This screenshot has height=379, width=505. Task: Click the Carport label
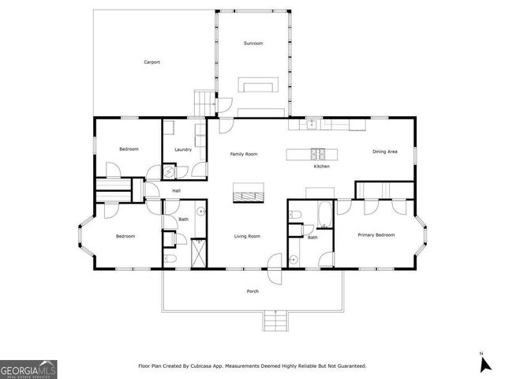point(152,62)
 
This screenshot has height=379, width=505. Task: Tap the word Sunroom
point(252,43)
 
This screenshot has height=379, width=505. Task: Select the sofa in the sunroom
point(260,86)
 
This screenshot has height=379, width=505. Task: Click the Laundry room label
point(184,149)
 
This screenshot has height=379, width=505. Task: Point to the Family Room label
point(244,154)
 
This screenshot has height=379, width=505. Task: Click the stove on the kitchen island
point(317,153)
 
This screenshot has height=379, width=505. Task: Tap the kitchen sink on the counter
point(312,123)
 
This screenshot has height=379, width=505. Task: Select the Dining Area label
point(385,151)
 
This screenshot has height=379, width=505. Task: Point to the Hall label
point(177,191)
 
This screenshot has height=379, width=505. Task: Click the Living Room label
point(247,236)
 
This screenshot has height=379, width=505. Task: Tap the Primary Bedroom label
point(376,235)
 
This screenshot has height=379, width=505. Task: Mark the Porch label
point(252,291)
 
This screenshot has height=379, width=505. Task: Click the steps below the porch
point(274,321)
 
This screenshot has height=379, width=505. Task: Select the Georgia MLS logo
point(28,369)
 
